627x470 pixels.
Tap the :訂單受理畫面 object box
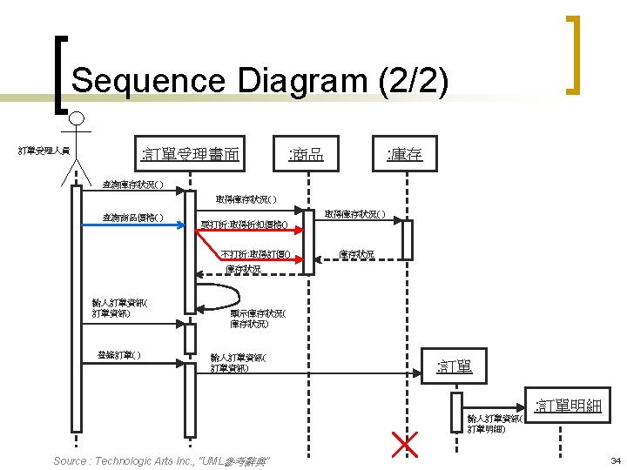191,155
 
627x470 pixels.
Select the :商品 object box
306,155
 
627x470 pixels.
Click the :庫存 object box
405,155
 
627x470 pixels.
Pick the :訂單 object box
455,366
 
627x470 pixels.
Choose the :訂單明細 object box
569,405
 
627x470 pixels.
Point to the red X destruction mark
406,443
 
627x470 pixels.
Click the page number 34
615,460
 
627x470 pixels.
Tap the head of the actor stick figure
78,118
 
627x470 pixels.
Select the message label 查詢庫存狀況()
132,185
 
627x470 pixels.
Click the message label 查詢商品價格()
132,218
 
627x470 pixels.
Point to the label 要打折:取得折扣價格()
245,225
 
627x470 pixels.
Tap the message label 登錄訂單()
119,354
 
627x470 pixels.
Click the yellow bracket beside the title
572,54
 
